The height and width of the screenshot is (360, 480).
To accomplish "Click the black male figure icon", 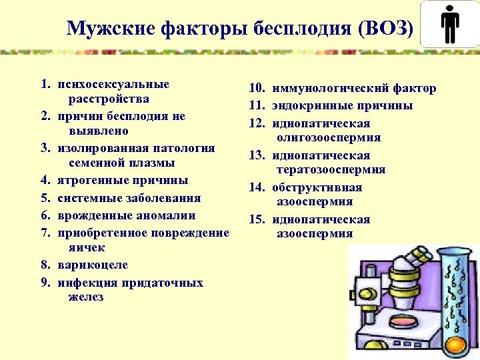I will [x=451, y=26].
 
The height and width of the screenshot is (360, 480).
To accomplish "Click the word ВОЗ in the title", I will [x=386, y=29].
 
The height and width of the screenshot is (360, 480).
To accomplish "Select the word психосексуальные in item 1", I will [x=113, y=85].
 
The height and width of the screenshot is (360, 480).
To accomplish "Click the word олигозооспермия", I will [x=329, y=138].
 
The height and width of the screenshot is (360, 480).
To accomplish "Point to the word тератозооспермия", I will [x=331, y=170].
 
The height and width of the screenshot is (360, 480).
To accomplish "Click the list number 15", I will [x=257, y=220].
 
